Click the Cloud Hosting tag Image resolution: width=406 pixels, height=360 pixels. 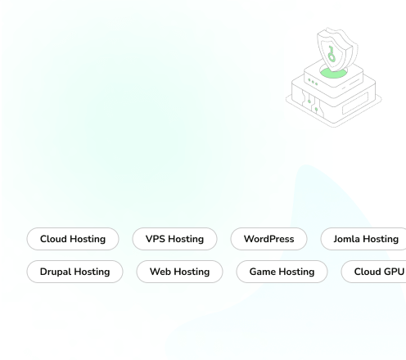click(73, 239)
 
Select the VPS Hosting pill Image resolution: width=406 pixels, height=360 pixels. click(174, 239)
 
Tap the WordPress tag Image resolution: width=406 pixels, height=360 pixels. click(268, 239)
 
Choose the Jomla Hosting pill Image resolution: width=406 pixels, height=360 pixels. click(363, 239)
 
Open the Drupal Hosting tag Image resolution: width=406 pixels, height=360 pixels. click(74, 272)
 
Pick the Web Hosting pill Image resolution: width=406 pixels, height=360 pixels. click(179, 272)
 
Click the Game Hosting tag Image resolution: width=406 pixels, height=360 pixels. click(282, 272)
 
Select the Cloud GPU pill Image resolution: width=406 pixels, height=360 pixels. click(373, 272)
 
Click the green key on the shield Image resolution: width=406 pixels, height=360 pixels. click(332, 54)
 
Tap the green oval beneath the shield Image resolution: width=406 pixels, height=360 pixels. click(333, 73)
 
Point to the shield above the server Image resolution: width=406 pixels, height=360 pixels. click(337, 50)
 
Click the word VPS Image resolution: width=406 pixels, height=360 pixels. click(156, 239)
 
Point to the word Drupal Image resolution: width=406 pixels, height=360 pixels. click(56, 272)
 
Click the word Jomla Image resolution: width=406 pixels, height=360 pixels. click(346, 239)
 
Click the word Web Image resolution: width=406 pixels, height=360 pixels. click(160, 272)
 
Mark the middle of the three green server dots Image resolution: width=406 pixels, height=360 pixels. click(313, 82)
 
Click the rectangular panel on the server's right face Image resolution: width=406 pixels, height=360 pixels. click(355, 103)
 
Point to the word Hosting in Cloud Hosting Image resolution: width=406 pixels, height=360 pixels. click(88, 239)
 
